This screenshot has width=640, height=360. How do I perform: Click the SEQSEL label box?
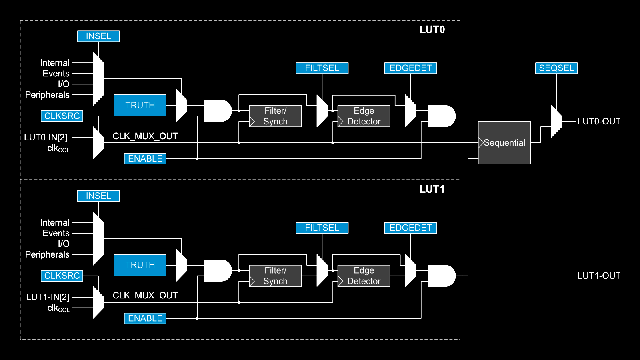point(556,68)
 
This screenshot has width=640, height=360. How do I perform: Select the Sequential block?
point(504,143)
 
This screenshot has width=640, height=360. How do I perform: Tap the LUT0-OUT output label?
point(599,121)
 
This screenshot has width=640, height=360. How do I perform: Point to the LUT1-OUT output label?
point(599,276)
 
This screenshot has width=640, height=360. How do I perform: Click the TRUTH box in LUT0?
point(140,105)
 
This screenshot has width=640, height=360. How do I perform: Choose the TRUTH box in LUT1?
point(140,265)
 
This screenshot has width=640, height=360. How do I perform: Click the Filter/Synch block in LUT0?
point(275,116)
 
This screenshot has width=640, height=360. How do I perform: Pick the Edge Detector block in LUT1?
point(364,276)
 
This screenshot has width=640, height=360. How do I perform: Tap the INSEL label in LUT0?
point(98,36)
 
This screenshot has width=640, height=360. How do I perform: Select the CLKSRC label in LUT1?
point(62,276)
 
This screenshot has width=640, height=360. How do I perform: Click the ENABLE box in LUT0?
point(145,158)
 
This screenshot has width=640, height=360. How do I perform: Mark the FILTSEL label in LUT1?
point(322,228)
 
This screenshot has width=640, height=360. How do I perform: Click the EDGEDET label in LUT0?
point(410,68)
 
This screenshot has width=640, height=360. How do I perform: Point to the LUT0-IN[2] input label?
point(46,137)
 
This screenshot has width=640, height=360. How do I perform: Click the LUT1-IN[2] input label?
point(48,297)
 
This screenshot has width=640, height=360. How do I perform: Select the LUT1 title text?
point(432,189)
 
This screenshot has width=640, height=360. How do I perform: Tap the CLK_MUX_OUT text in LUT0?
point(145,136)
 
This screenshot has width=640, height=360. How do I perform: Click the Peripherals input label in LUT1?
point(47,254)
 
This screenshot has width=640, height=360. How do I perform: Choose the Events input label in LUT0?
point(56,74)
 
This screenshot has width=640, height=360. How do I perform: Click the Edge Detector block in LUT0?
point(364,116)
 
